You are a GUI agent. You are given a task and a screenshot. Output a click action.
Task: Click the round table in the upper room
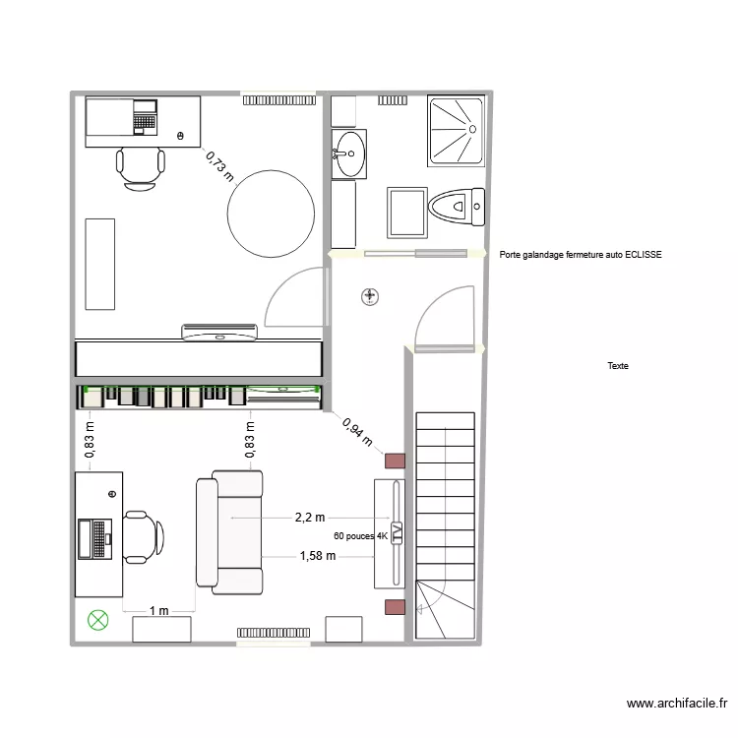coord(271,214)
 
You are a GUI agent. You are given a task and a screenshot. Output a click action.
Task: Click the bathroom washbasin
coord(348,153)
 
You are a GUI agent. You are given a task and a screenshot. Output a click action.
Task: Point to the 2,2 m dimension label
coord(310,517)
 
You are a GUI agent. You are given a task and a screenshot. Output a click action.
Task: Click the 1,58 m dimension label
coord(317,556)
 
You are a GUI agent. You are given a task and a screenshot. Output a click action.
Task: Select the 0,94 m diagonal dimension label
coord(357,431)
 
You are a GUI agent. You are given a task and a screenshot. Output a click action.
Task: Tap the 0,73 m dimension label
coord(220,166)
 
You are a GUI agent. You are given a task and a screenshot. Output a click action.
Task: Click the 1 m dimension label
coord(158,610)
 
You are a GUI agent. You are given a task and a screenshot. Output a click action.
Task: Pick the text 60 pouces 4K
coord(360,537)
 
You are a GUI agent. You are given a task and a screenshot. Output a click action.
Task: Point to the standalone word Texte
coord(618,366)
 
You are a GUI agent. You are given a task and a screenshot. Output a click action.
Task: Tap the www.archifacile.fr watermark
coord(677,704)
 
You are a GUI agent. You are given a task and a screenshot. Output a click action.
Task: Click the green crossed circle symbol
coord(97,620)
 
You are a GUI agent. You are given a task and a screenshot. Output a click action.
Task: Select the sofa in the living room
coord(230,532)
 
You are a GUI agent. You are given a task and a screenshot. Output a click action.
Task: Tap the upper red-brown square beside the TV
coord(395,460)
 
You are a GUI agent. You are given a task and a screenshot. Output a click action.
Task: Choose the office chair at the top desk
coord(140,166)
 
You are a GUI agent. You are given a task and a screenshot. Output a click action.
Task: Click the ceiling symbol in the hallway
coord(370,295)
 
